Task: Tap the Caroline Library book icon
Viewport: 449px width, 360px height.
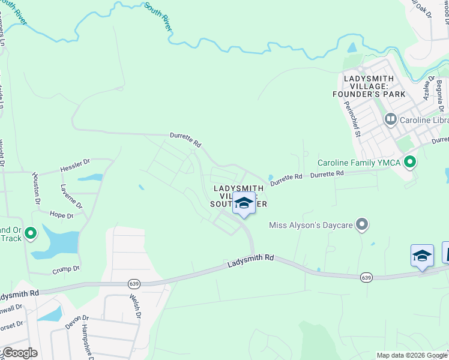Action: coord(391,119)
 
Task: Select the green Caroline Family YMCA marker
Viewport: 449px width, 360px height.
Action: coord(411,162)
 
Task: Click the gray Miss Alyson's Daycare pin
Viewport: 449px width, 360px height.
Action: coord(361,224)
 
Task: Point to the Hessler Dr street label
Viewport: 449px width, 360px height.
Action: coord(75,166)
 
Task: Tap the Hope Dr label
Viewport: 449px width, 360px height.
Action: coord(62,215)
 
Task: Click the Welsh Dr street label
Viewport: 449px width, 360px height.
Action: coord(135,306)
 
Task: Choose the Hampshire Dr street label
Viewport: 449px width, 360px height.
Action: coord(88,342)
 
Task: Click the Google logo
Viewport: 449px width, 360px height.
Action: coord(19,353)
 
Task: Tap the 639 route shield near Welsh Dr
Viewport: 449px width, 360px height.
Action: coord(133,283)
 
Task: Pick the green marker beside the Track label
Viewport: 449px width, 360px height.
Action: coord(31,233)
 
